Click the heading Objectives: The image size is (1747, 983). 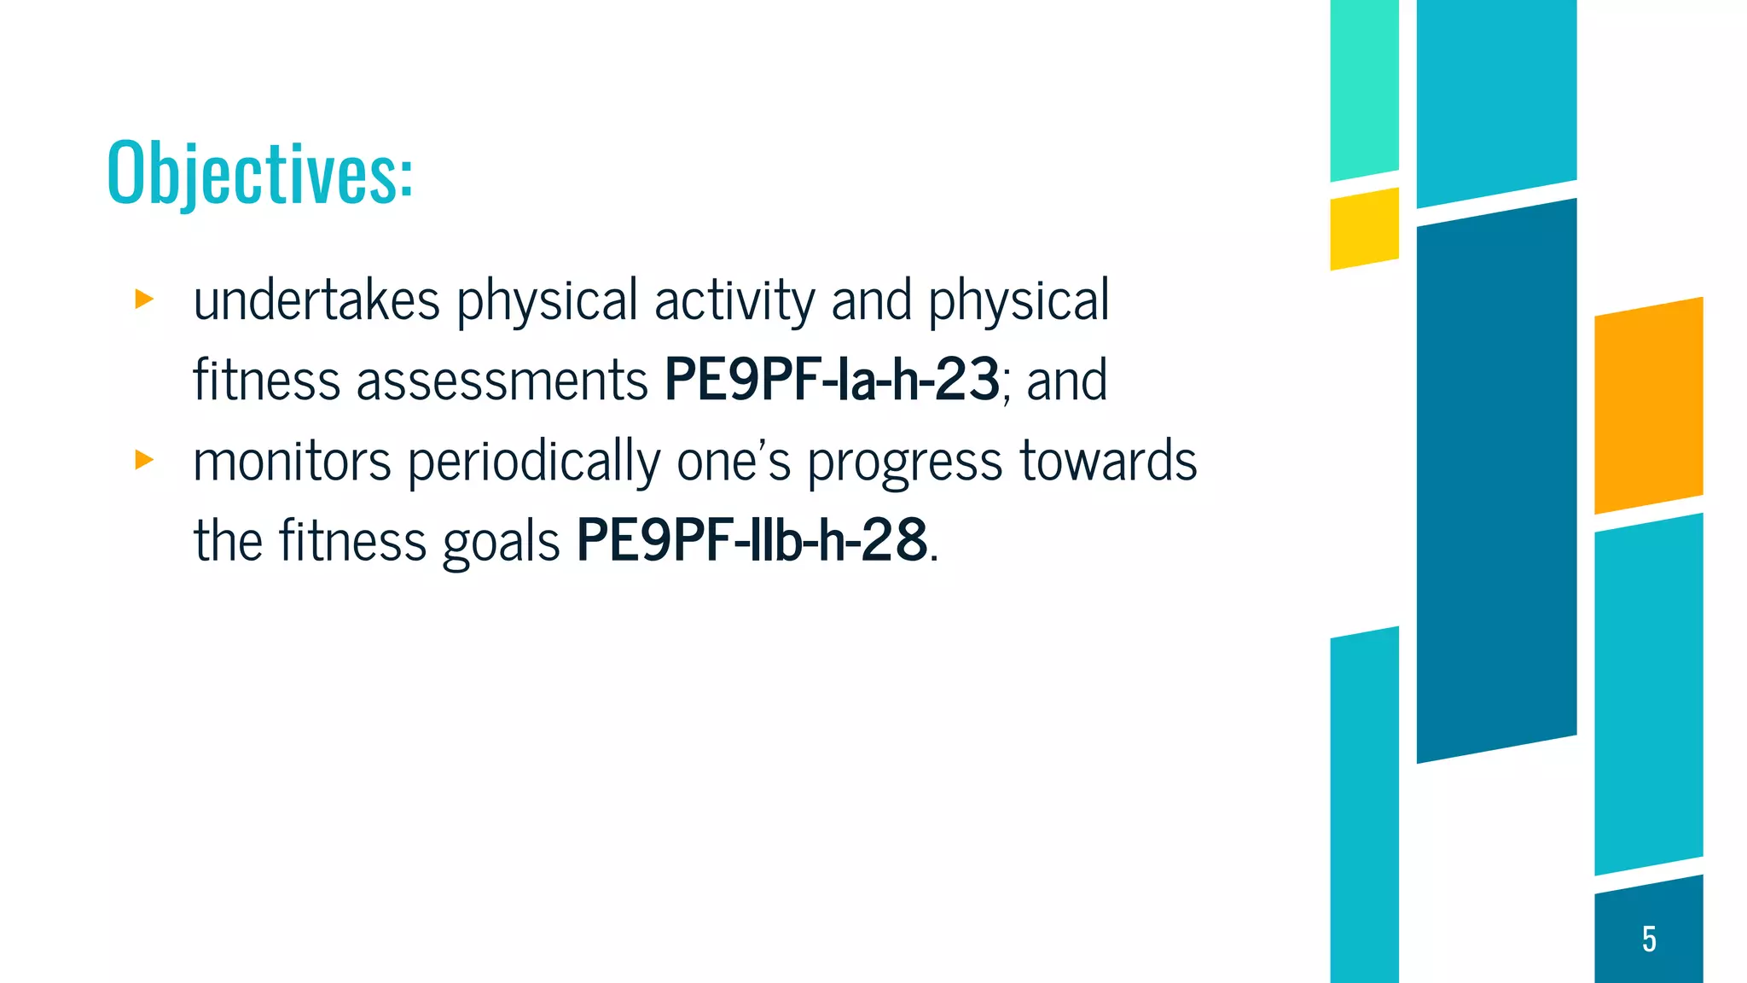point(260,173)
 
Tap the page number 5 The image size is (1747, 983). point(1649,939)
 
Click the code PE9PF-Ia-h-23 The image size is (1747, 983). point(832,380)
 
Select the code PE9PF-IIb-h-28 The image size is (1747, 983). point(752,540)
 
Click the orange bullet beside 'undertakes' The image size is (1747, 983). point(144,300)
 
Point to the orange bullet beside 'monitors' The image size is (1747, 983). point(144,461)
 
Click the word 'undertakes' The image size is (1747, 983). point(316,300)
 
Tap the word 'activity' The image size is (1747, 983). point(734,302)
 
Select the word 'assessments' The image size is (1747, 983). point(502,381)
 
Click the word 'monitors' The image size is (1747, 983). point(292,462)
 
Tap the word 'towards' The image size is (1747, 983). point(1109,462)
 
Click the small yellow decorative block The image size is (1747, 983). point(1364,229)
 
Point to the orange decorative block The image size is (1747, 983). point(1648,405)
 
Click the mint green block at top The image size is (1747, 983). point(1364,90)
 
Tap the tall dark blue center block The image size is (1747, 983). point(1496,480)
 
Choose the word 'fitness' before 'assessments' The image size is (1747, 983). point(266,381)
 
